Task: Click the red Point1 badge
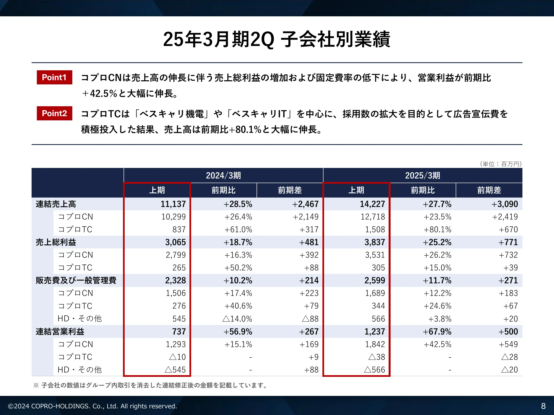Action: pos(54,77)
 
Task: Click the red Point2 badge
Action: pos(54,113)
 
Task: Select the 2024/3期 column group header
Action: pos(223,175)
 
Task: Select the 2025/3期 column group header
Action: pos(422,175)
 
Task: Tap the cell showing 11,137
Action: pos(173,204)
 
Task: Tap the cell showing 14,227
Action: pos(372,204)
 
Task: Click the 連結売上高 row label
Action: pos(56,204)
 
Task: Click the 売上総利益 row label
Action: pos(56,242)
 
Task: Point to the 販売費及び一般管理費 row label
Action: pos(76,281)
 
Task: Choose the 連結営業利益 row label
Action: pos(60,331)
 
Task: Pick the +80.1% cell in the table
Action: pos(437,230)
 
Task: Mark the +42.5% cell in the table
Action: pos(437,344)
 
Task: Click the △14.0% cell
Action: pos(237,319)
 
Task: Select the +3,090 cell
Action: pos(504,204)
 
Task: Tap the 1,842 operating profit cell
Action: pos(375,344)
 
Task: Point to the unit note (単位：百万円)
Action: pos(501,164)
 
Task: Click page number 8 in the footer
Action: pos(543,406)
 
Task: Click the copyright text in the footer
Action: pos(93,406)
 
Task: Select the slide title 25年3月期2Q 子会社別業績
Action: pos(277,39)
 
